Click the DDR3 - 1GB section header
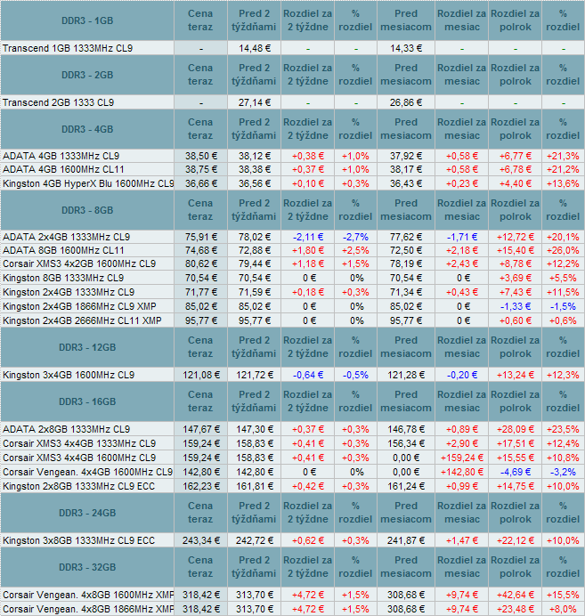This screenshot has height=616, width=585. click(x=91, y=20)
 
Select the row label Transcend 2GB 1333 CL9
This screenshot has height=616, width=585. click(x=59, y=102)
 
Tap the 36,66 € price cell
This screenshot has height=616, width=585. click(x=201, y=183)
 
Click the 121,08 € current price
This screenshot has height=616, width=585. click(x=201, y=374)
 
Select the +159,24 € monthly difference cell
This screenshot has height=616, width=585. click(x=461, y=456)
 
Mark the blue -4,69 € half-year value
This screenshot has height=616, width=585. click(x=515, y=471)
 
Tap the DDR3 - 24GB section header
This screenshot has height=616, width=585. click(x=91, y=512)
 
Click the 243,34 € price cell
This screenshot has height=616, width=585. click(x=201, y=540)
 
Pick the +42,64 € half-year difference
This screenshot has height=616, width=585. click(x=515, y=594)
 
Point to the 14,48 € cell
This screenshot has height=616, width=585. click(x=255, y=47)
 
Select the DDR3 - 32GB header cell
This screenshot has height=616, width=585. click(x=91, y=566)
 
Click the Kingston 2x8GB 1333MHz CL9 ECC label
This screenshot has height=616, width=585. click(x=78, y=486)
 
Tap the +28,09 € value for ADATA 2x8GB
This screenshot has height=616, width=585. click(x=515, y=428)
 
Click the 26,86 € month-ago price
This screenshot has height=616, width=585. click(x=405, y=102)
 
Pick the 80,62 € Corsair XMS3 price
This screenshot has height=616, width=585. click(x=201, y=263)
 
